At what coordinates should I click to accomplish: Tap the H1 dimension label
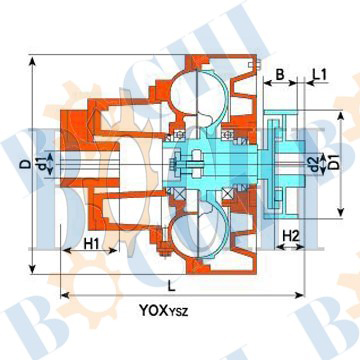coord(91,244)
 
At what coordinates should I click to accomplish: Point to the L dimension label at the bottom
coord(171,286)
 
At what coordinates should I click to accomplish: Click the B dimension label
coord(280,74)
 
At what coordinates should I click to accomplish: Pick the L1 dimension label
coord(320,74)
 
